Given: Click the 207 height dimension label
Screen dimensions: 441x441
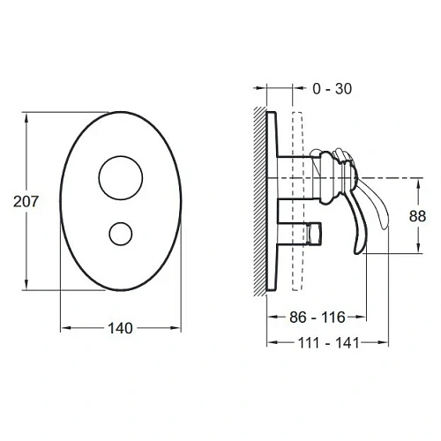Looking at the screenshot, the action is click(x=26, y=202).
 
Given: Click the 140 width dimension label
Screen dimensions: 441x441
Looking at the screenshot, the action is click(x=121, y=328).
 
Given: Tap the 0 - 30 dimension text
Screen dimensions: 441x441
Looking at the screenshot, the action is click(x=333, y=89).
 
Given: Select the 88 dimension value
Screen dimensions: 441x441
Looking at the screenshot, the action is click(x=417, y=216).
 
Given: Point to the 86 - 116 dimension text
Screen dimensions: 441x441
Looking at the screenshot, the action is click(x=318, y=318).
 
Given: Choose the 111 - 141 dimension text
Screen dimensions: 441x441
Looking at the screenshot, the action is click(x=329, y=343).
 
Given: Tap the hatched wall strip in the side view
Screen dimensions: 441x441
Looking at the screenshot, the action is click(x=260, y=201).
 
